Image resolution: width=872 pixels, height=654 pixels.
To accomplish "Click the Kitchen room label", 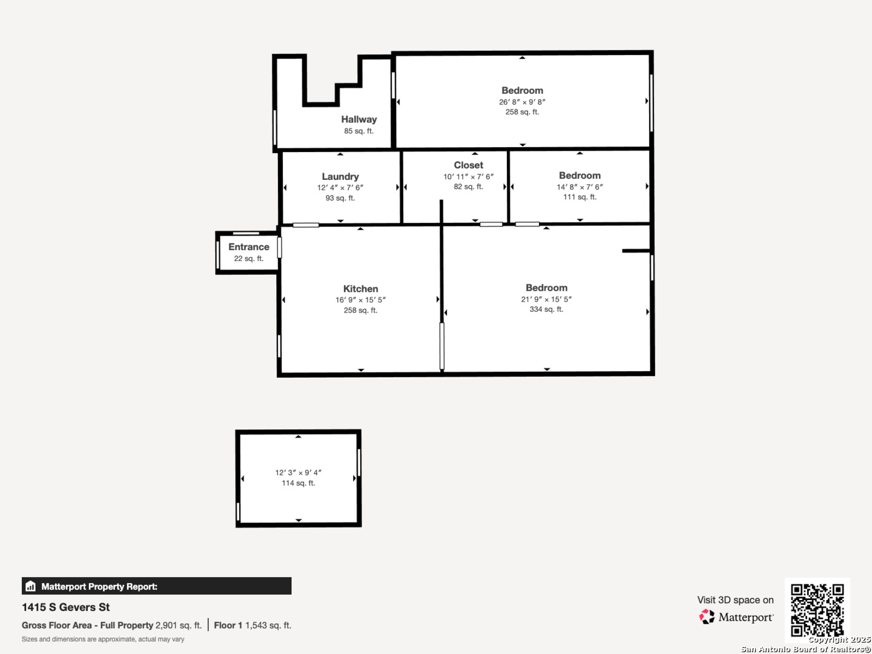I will (x=360, y=289).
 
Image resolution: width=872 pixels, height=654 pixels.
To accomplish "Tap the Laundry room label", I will (x=340, y=176).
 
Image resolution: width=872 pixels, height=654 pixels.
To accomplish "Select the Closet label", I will (x=469, y=165).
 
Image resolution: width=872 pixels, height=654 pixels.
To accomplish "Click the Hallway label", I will (x=358, y=119).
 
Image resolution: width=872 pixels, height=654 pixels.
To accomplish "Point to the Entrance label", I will (x=249, y=246).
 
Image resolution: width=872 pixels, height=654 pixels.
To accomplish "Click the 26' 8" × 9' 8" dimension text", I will (x=522, y=102).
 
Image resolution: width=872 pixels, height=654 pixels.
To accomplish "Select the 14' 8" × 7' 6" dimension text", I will (x=580, y=187).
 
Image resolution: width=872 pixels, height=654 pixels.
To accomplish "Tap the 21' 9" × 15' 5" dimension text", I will (x=546, y=299).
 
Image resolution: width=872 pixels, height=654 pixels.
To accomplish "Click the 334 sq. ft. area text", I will (x=546, y=309).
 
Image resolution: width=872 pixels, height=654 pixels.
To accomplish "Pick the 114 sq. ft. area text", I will (x=299, y=483).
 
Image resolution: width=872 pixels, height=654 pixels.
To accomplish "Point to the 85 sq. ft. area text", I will (x=358, y=131).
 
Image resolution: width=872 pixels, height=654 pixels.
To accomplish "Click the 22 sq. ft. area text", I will (x=249, y=259).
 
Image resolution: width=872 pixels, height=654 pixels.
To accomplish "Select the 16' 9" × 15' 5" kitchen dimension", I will (x=360, y=300).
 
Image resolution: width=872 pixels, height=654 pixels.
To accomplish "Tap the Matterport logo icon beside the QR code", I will (x=707, y=616).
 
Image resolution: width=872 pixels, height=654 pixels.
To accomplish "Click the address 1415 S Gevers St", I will (x=66, y=607).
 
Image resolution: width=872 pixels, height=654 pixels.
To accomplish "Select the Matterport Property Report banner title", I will (x=99, y=586).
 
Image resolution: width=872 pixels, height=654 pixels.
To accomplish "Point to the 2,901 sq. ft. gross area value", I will (x=179, y=625).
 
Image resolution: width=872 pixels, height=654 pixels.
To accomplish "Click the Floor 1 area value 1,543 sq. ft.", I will (x=268, y=625).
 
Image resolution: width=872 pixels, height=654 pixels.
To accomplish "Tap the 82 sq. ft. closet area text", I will (x=469, y=187).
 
